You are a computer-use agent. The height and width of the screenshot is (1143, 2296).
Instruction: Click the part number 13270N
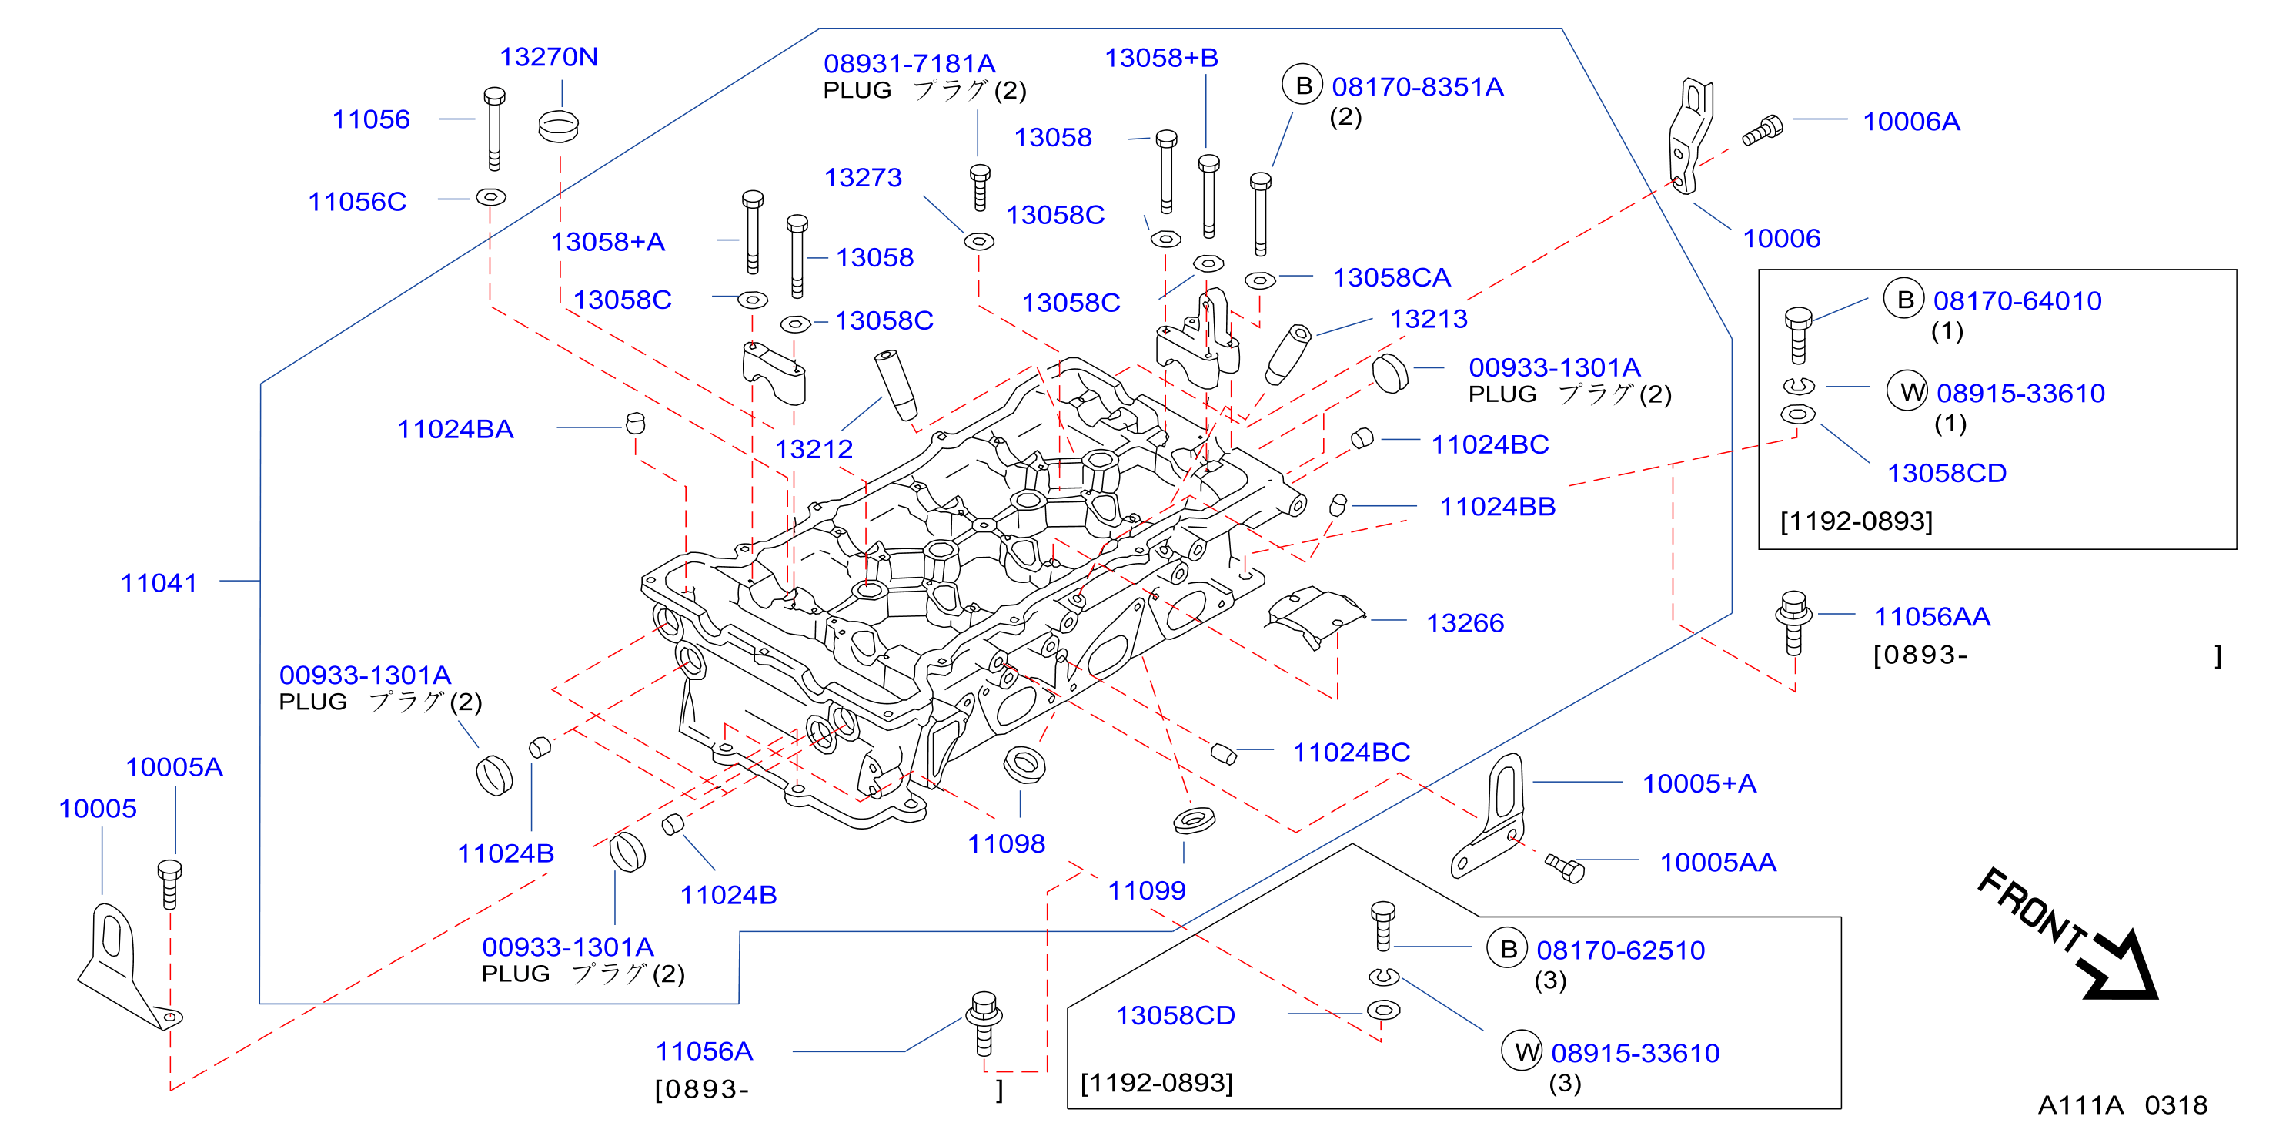click(x=548, y=57)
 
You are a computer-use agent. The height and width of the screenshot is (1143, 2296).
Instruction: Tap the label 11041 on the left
click(x=159, y=583)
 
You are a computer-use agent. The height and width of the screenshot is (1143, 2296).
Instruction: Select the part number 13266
click(x=1465, y=623)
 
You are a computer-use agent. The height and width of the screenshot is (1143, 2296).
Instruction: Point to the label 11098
click(x=1006, y=843)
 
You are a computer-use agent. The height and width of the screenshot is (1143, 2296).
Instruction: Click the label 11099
click(x=1146, y=890)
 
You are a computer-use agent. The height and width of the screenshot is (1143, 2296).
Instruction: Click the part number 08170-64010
click(x=2017, y=300)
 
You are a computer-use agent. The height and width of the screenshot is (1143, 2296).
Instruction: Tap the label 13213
click(x=1429, y=318)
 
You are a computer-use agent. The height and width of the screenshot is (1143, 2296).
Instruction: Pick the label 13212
click(x=814, y=448)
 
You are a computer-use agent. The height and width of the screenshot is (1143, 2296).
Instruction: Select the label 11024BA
click(x=456, y=429)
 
